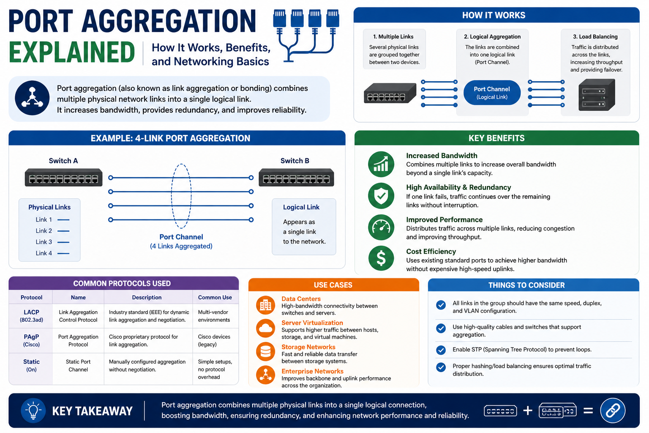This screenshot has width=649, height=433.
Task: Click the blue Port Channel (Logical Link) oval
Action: coord(492,93)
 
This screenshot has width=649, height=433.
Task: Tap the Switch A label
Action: coord(63,161)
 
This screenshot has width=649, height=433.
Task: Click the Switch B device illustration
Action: coord(296,177)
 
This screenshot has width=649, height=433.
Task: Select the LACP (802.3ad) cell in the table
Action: coord(31,316)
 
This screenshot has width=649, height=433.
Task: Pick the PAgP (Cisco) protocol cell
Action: coord(31,340)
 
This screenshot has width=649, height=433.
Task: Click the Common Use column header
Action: coord(215,297)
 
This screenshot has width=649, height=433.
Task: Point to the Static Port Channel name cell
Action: coord(78,365)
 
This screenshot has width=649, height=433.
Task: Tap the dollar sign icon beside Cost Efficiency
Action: coord(381,258)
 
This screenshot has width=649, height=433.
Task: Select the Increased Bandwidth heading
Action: coord(442,156)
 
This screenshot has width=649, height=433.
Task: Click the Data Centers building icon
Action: coord(265,305)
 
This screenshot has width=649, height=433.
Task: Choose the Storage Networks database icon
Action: coord(265,351)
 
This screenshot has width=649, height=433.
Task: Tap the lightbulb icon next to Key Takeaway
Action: coord(33,411)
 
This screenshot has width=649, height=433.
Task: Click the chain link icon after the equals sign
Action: coord(613,411)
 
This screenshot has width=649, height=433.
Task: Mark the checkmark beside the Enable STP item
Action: coord(441,350)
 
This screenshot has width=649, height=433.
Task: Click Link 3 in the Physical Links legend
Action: coord(44,242)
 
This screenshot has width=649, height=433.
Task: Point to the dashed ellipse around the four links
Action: coord(171,196)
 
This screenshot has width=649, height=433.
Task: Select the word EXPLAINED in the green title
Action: coord(72,52)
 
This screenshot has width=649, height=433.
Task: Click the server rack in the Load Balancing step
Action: coord(597,95)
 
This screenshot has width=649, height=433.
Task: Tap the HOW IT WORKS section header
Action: coord(494,15)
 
